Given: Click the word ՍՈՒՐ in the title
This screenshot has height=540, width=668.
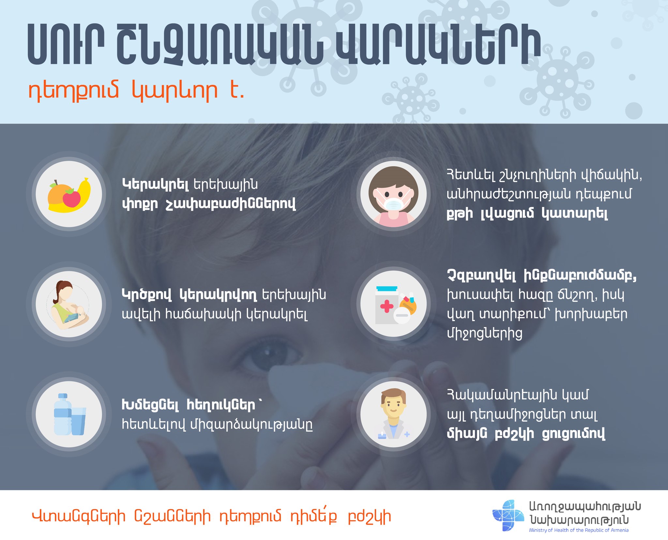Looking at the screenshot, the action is [66, 45].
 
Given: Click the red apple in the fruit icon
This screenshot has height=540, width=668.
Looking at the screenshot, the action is [72, 198].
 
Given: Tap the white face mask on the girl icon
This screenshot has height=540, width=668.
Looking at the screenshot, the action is [393, 204].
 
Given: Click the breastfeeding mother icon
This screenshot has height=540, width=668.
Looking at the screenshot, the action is [69, 304].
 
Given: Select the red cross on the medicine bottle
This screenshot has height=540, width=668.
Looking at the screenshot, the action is [387, 307].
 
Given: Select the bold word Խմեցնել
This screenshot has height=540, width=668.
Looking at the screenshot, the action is [150, 405].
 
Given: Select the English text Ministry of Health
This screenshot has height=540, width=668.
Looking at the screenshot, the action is [549, 530].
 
